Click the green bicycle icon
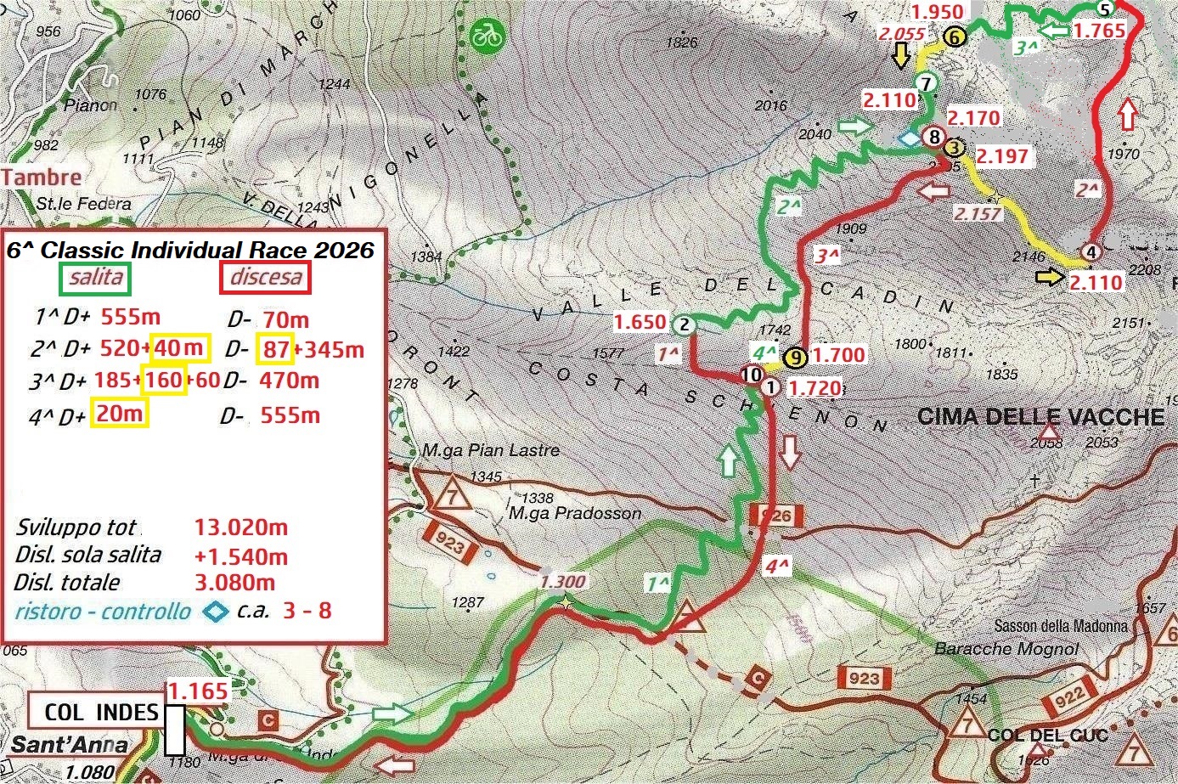pyautogui.click(x=488, y=36)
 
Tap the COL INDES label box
pyautogui.click(x=101, y=712)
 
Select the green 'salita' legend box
pyautogui.click(x=95, y=278)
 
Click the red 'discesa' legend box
pyautogui.click(x=266, y=278)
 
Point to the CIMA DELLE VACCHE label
pyautogui.click(x=1041, y=417)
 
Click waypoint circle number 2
pyautogui.click(x=684, y=324)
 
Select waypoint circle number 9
pyautogui.click(x=795, y=358)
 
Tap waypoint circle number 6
pyautogui.click(x=953, y=37)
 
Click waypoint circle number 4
pyautogui.click(x=1091, y=252)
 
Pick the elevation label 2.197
pyautogui.click(x=1002, y=156)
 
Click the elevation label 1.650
pyautogui.click(x=640, y=322)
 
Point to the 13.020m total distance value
pyautogui.click(x=241, y=527)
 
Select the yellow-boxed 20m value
pyautogui.click(x=120, y=414)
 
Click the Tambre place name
pyautogui.click(x=42, y=178)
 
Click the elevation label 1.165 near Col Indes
pyautogui.click(x=197, y=691)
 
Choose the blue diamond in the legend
pyautogui.click(x=216, y=611)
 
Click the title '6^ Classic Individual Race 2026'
pyautogui.click(x=190, y=250)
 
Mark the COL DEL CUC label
pyautogui.click(x=1048, y=735)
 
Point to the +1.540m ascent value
pyautogui.click(x=241, y=557)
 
